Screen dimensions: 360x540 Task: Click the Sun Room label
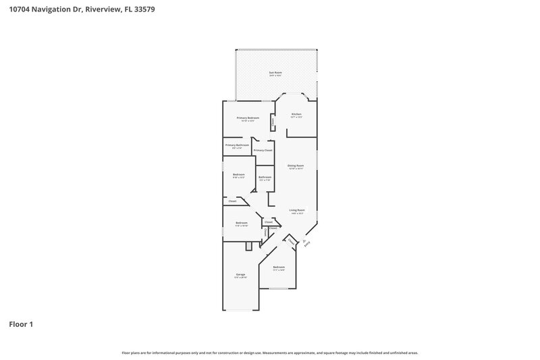pyautogui.click(x=275, y=72)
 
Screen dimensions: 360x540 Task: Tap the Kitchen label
pyautogui.click(x=296, y=115)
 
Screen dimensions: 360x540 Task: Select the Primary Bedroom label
pyautogui.click(x=248, y=118)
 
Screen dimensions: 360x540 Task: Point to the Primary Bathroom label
pyautogui.click(x=237, y=145)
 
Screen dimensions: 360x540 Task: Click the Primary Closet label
pyautogui.click(x=263, y=150)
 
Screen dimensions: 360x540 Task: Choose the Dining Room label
pyautogui.click(x=296, y=165)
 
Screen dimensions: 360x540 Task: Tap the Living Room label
pyautogui.click(x=298, y=210)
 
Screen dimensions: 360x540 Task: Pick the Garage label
pyautogui.click(x=240, y=275)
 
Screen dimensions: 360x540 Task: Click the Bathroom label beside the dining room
pyautogui.click(x=265, y=178)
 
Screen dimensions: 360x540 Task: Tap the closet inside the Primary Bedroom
pyautogui.click(x=273, y=122)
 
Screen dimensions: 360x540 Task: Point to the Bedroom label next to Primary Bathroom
pyautogui.click(x=239, y=175)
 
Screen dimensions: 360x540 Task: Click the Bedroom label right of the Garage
pyautogui.click(x=279, y=267)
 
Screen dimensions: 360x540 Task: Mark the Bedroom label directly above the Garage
pyautogui.click(x=242, y=223)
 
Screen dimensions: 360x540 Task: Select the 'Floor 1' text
pyautogui.click(x=21, y=324)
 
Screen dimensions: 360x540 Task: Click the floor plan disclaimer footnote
pyautogui.click(x=270, y=353)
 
